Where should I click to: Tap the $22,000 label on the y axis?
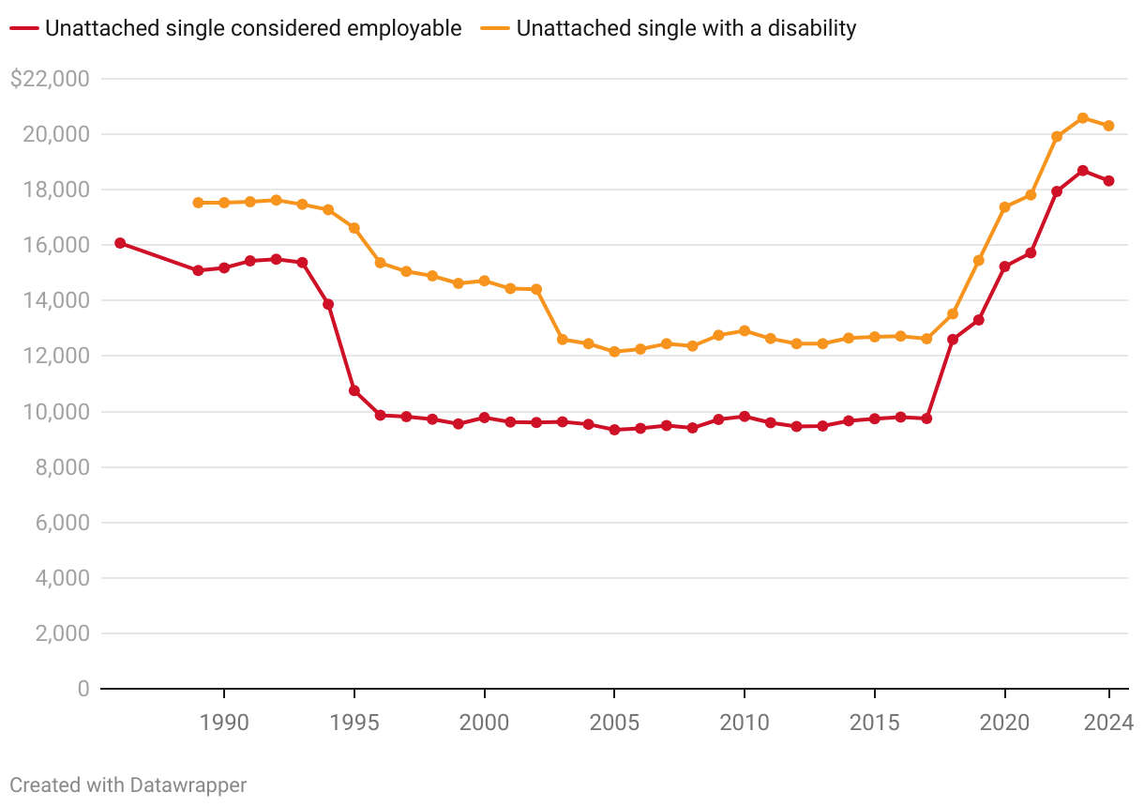pos(49,79)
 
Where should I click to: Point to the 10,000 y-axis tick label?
pos(57,412)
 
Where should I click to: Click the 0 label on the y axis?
pos(83,689)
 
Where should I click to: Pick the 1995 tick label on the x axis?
pos(354,723)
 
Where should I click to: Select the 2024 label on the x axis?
pos(1108,723)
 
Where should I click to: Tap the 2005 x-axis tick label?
pos(614,723)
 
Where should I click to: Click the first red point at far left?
pos(120,243)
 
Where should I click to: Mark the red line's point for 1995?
pos(354,390)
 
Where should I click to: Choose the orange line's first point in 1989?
pos(198,203)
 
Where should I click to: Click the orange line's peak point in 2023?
pos(1082,118)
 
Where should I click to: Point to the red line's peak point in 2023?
pos(1082,171)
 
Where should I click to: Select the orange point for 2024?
pos(1108,126)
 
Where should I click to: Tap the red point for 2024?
pos(1108,181)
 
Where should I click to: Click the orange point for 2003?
pos(563,340)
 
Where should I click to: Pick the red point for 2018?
pos(953,340)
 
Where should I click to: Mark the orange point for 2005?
pos(614,352)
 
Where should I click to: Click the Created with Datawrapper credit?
pos(128,784)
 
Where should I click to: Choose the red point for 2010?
pos(745,417)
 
